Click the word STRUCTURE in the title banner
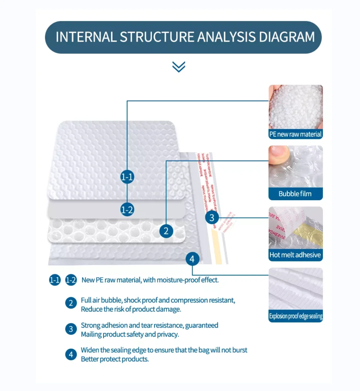point(157,37)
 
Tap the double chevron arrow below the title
point(179,67)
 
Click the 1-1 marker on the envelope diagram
point(127,177)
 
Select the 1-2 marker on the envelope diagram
point(127,210)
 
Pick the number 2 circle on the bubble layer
point(166,231)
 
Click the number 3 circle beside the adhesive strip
point(212,217)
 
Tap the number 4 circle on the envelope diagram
point(192,259)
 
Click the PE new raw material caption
point(295,134)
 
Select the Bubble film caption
point(295,194)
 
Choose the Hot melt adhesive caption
point(295,255)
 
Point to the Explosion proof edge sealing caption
point(296,316)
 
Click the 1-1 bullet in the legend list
point(55,280)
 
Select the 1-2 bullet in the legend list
point(71,280)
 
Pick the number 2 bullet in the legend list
point(71,303)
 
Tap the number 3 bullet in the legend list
point(71,329)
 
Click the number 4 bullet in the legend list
point(71,354)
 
